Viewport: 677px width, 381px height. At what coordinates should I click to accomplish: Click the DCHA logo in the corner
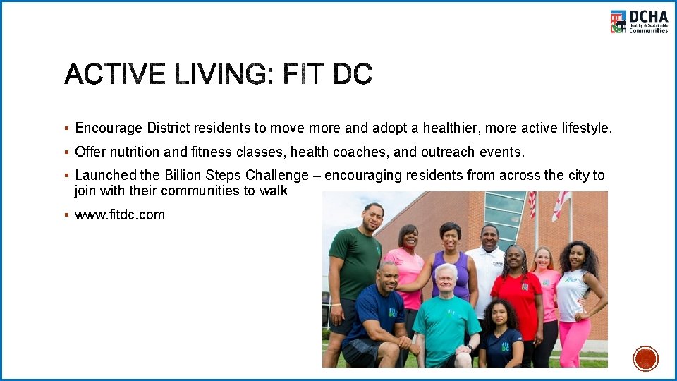click(638, 21)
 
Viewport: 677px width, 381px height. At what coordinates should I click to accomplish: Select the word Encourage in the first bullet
click(109, 128)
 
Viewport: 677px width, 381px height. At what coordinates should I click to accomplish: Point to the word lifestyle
click(585, 128)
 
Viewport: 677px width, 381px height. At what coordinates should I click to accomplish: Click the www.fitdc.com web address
click(120, 215)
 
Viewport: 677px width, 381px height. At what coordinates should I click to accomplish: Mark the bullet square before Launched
click(66, 175)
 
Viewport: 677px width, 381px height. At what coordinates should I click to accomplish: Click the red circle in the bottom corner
click(645, 358)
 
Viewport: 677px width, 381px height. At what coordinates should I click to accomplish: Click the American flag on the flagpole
click(532, 205)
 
